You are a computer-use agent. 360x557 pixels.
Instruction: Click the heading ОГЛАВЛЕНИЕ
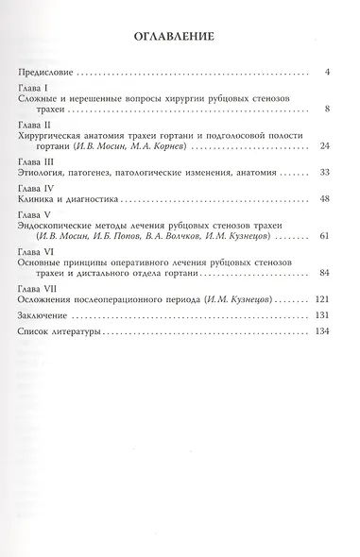[179, 37]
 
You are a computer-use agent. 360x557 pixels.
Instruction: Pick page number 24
[322, 147]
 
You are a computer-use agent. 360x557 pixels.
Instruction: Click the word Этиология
[45, 174]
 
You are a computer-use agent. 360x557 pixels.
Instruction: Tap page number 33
[322, 174]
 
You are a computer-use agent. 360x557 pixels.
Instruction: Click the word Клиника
[39, 200]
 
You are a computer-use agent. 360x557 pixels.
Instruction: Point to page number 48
[322, 200]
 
